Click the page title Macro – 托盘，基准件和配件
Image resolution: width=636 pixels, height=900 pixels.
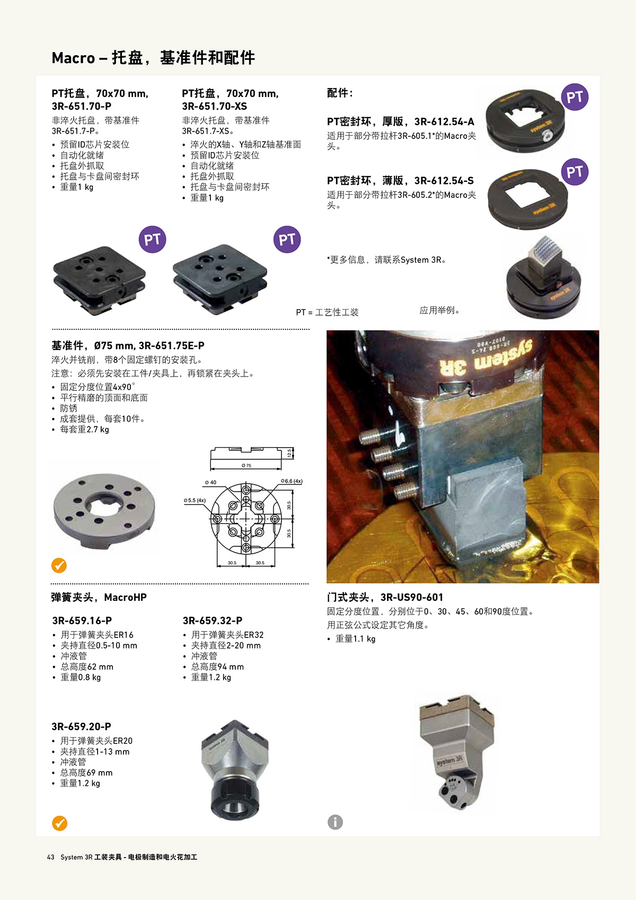coord(153,58)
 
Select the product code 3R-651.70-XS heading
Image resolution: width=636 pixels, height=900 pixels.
coord(215,107)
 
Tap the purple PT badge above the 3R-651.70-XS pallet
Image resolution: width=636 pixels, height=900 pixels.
coord(287,240)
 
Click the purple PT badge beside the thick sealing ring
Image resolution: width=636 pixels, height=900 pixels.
coord(575,97)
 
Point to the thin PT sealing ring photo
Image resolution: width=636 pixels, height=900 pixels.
coord(527,199)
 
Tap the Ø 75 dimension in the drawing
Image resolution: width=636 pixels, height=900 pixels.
coord(246,466)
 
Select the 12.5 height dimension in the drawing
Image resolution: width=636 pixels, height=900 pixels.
coord(289,453)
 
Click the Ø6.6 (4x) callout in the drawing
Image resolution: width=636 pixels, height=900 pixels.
coord(291,481)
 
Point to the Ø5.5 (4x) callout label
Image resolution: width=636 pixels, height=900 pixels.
coord(195,500)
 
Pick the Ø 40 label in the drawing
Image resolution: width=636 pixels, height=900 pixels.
coord(210,482)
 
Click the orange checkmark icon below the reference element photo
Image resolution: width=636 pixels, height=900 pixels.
coord(59,565)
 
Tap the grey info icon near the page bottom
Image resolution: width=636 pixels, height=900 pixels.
coord(335,822)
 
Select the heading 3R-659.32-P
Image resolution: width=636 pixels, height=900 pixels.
coord(213,621)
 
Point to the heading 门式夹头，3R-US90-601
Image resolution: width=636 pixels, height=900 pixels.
coord(385,598)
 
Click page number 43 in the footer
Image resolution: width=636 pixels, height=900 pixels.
coord(50,857)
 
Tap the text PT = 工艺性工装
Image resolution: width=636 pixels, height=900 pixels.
coord(327,312)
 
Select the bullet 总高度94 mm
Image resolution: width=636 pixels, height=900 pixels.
coord(217,667)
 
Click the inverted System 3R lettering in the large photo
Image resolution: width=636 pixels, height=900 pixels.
coord(487,357)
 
